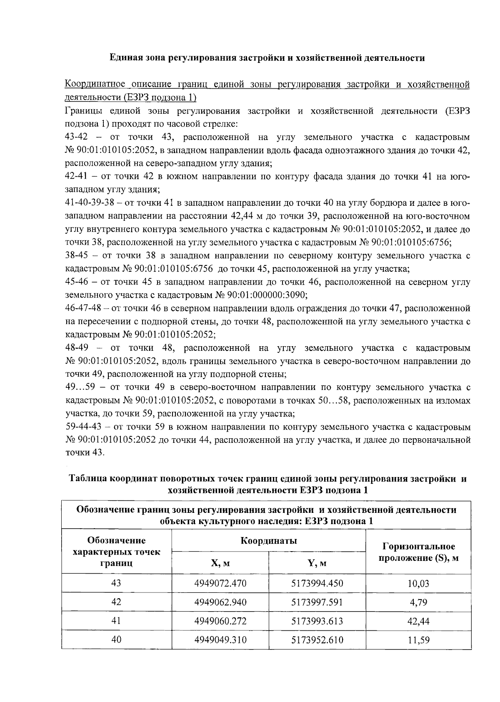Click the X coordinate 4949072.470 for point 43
[x=220, y=583]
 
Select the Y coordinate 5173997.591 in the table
[x=317, y=602]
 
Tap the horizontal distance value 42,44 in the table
[x=418, y=621]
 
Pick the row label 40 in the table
[x=116, y=640]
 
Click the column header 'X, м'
[x=220, y=563]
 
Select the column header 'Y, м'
[x=317, y=563]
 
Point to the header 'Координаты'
[x=268, y=541]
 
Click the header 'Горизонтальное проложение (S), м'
[x=418, y=552]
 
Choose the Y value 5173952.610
[x=317, y=640]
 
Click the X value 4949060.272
[x=220, y=621]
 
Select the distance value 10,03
[x=418, y=583]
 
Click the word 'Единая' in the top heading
[x=124, y=58]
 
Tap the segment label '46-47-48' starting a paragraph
[x=82, y=309]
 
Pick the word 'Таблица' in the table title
[x=87, y=479]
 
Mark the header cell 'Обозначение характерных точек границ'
[x=116, y=552]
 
